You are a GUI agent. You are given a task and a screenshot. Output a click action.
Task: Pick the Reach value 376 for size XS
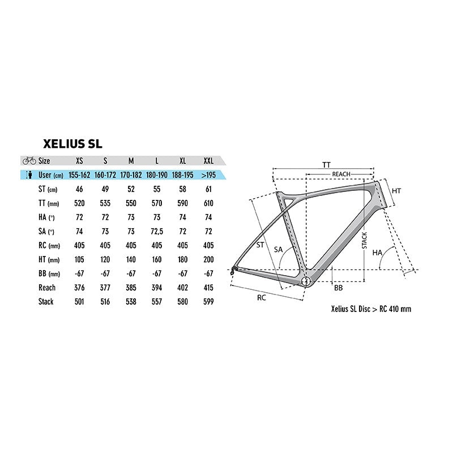point(79,287)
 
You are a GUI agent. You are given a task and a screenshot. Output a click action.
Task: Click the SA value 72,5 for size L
point(156,231)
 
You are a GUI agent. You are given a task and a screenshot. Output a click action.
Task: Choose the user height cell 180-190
point(156,174)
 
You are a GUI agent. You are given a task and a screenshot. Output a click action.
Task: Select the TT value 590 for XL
point(182,203)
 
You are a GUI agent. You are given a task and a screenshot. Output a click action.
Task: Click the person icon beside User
point(28,174)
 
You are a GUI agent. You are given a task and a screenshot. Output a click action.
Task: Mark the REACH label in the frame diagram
point(341,173)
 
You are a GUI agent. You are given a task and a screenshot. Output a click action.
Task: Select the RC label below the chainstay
point(262,296)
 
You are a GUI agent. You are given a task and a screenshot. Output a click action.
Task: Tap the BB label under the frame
point(338,288)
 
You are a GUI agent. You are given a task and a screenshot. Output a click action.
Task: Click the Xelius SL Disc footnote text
point(371,309)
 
